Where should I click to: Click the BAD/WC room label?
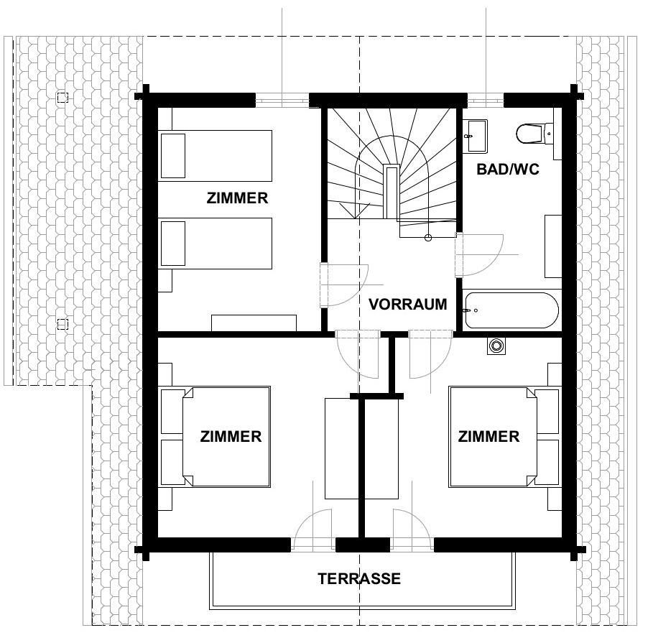(x=508, y=169)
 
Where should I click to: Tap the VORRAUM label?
(x=408, y=304)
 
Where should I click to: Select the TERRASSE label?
(x=359, y=578)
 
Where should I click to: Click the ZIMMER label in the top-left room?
(x=237, y=198)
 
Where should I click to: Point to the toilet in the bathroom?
(x=534, y=133)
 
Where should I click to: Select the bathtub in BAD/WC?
(x=511, y=310)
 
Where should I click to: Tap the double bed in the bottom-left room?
(x=216, y=436)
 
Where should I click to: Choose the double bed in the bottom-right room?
(x=503, y=436)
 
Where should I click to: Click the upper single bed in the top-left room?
(x=216, y=156)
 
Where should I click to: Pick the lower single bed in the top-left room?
(x=216, y=244)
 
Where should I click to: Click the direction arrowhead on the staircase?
(x=354, y=211)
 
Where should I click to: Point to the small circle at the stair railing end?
(x=427, y=238)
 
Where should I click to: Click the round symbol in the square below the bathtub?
(x=496, y=346)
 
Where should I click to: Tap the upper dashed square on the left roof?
(x=62, y=98)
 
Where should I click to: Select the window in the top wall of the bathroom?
(x=485, y=100)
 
